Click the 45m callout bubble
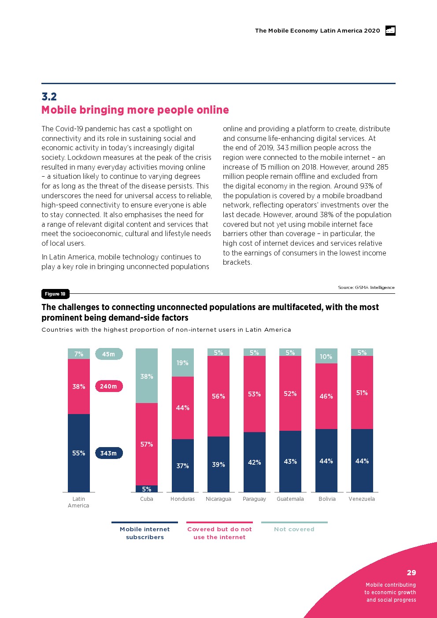tap(109, 354)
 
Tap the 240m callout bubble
tap(109, 386)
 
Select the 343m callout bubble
tap(109, 453)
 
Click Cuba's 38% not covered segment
tap(147, 376)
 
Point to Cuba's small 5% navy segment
tap(147, 489)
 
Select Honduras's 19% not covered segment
tap(183, 363)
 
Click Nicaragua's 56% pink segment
tap(218, 396)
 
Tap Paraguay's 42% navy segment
tap(255, 462)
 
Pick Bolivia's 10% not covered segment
tap(326, 356)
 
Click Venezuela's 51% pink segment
tap(362, 392)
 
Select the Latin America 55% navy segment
tap(79, 453)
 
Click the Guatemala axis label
tap(290, 499)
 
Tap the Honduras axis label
tap(183, 499)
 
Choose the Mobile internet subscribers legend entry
tap(145, 533)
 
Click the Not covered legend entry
tap(294, 529)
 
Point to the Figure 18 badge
tap(55, 294)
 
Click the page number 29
tap(411, 573)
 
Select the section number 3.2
tap(49, 96)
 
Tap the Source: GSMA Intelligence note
tap(366, 288)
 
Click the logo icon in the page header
tap(390, 30)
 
